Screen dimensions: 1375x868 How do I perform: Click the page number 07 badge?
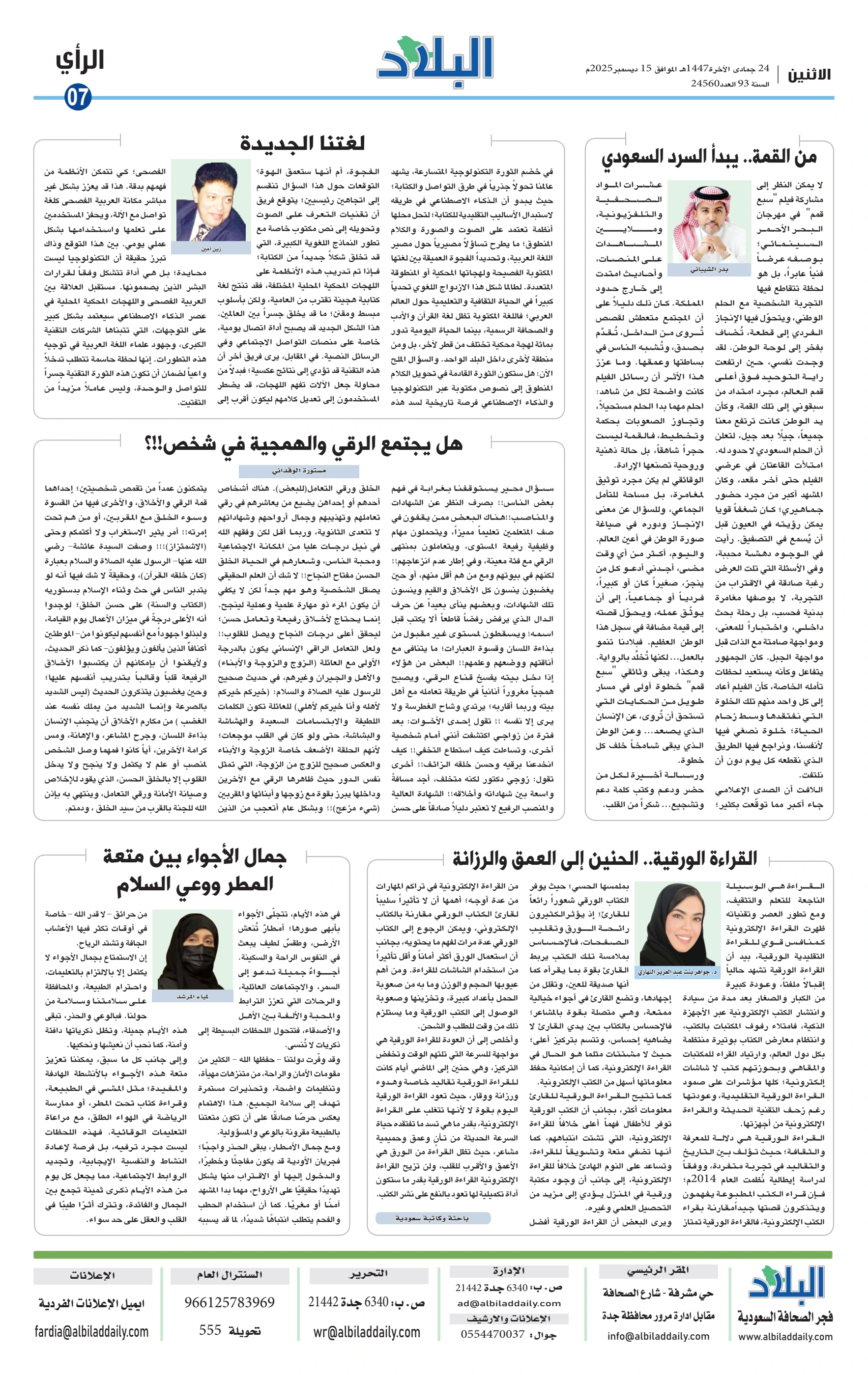pos(78,97)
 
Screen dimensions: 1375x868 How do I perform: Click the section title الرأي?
pos(80,60)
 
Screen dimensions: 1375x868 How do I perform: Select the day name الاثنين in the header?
pos(809,75)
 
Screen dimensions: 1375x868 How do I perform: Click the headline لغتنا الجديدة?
pos(302,143)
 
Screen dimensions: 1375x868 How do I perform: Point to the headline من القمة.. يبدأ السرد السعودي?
pos(709,158)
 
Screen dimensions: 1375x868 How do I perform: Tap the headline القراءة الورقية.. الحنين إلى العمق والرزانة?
pos(604,858)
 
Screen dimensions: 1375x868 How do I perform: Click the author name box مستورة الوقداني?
pos(298,470)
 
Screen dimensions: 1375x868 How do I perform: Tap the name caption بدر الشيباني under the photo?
pos(709,270)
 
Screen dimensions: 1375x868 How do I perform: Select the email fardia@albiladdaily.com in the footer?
pos(91,1332)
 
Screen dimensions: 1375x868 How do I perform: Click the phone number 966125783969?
pos(229,1302)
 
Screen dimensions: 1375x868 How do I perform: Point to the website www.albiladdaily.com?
pos(785,1337)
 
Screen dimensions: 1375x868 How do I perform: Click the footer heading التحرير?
pos(369,1273)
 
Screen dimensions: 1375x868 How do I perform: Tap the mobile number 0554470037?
pos(492,1334)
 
